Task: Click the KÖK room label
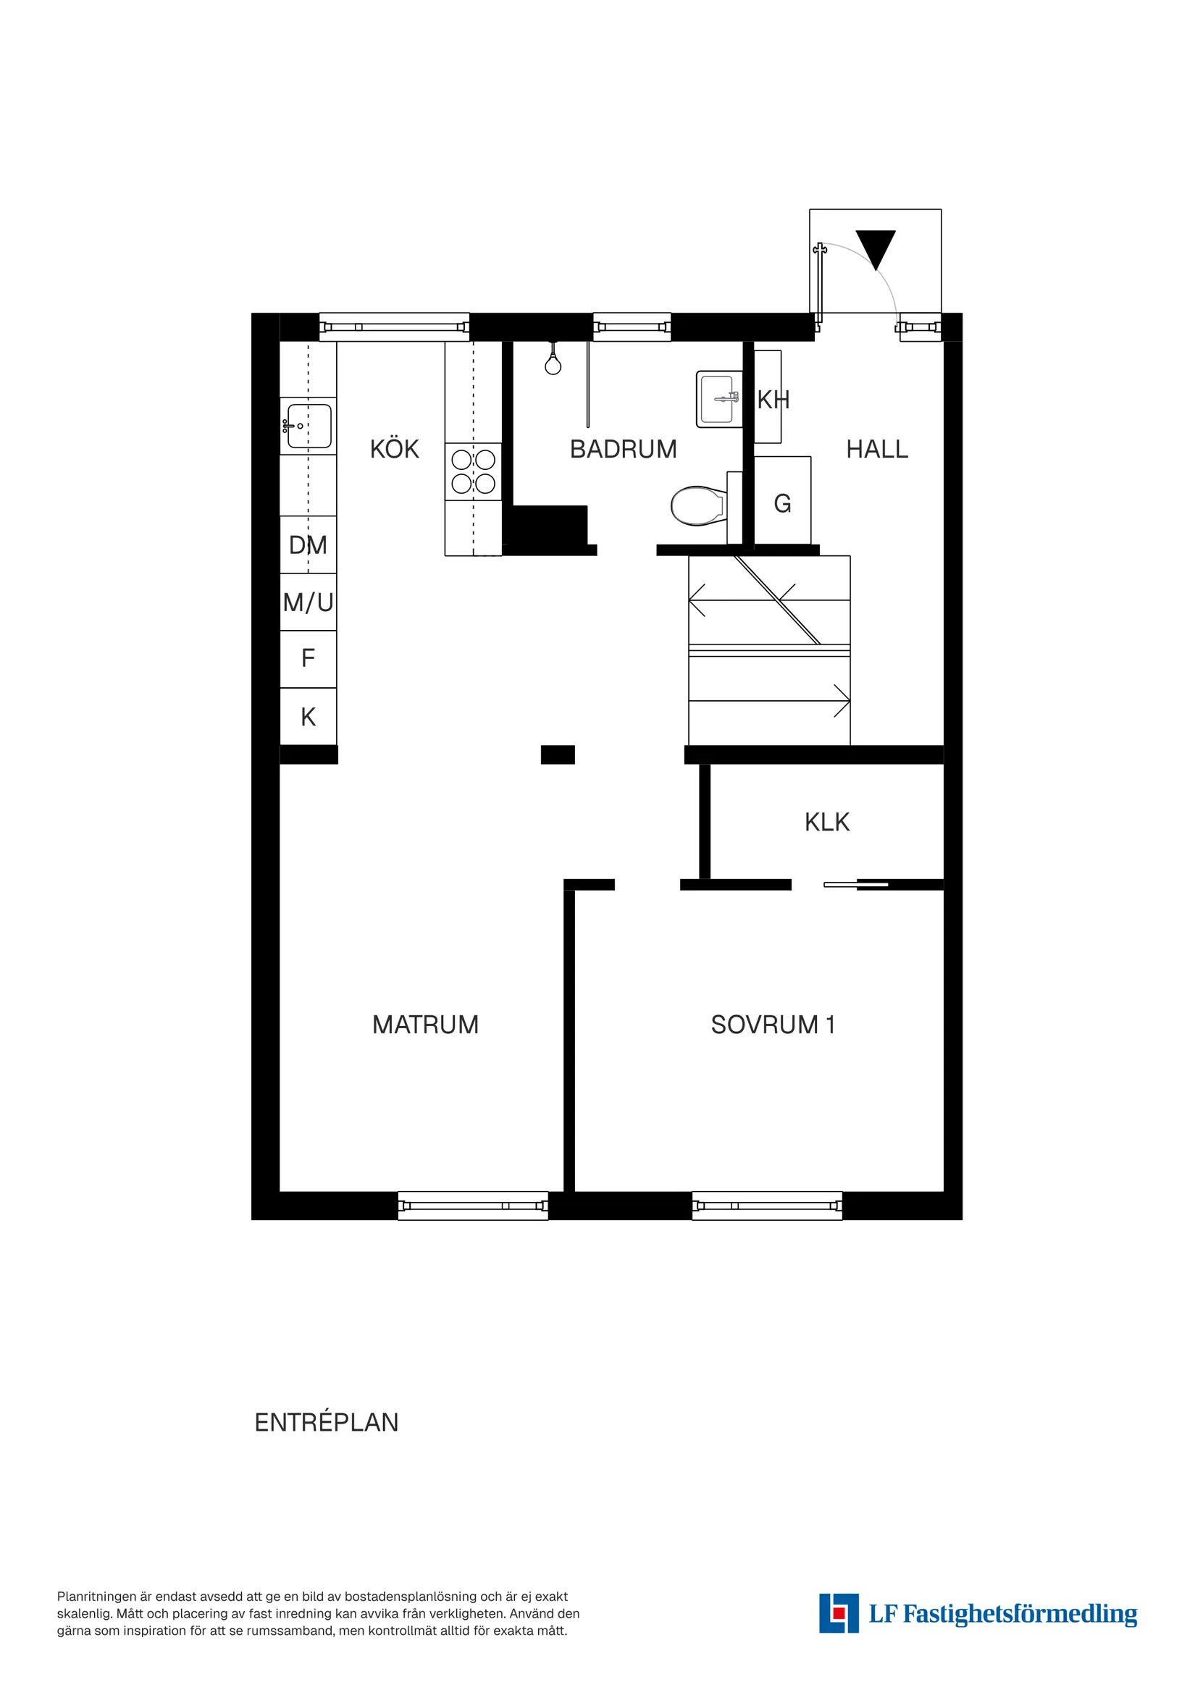394,449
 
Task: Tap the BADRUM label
623,449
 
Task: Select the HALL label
876,449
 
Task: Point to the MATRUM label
425,1025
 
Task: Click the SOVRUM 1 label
772,1025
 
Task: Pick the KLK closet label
826,822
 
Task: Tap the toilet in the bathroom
698,505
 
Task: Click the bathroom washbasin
717,399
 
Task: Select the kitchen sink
309,426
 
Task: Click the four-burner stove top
473,471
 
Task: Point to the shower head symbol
553,363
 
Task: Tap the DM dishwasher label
308,545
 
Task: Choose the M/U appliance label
308,603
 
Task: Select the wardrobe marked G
782,503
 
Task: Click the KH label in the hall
772,400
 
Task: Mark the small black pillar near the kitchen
558,754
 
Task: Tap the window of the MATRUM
473,1206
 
